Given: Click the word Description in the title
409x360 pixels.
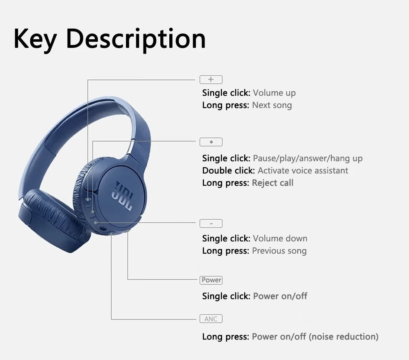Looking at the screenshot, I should click(135, 39).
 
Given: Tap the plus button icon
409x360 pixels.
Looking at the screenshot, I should click(211, 80).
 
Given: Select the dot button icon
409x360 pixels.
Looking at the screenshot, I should click(211, 142).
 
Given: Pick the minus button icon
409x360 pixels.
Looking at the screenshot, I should click(211, 223).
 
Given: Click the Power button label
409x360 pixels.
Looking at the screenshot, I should click(211, 280).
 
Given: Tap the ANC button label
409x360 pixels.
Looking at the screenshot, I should click(211, 319).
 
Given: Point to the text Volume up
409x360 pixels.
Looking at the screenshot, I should click(274, 93).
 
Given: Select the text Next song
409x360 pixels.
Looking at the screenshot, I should click(272, 105).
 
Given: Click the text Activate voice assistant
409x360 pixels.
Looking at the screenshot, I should click(303, 171).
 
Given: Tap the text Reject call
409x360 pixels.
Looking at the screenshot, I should click(272, 183).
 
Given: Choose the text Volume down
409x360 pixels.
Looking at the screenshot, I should click(280, 239).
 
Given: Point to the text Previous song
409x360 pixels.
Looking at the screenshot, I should click(279, 251).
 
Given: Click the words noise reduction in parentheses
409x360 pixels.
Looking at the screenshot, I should click(344, 337).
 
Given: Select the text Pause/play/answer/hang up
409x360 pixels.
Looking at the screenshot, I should click(308, 158).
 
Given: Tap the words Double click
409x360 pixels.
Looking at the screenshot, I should click(228, 171).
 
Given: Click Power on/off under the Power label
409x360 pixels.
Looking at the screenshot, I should click(280, 296).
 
